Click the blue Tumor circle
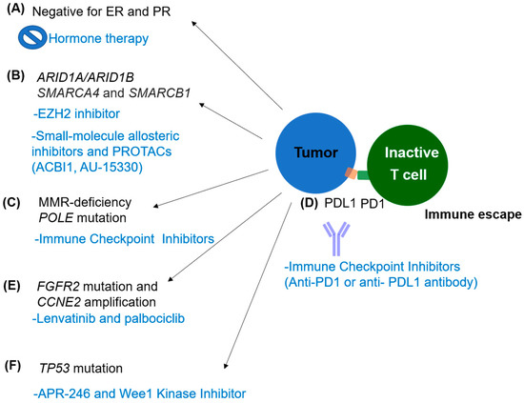315,152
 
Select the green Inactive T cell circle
408,165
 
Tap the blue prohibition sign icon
32,37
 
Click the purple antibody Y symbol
336,239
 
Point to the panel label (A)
15,10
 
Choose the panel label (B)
15,76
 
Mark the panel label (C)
11,203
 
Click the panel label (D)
309,203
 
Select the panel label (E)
11,286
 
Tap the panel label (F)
12,366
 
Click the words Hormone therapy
98,39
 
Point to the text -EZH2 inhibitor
76,114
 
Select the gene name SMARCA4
69,93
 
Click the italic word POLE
56,218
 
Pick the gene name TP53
54,369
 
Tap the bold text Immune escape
473,214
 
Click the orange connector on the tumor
352,173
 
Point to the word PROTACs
142,151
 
